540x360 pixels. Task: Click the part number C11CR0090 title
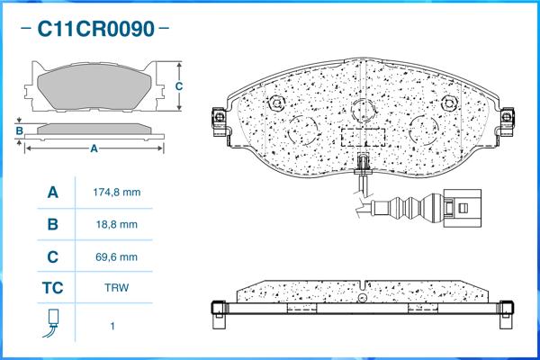pyautogui.click(x=95, y=29)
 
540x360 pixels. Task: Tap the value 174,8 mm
pyautogui.click(x=117, y=193)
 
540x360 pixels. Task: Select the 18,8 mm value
pyautogui.click(x=117, y=225)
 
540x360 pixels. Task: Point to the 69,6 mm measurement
pyautogui.click(x=116, y=257)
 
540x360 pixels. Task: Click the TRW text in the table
pyautogui.click(x=117, y=288)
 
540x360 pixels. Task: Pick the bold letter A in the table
pyautogui.click(x=53, y=193)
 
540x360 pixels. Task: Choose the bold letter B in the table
pyautogui.click(x=53, y=224)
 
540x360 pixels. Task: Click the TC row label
pyautogui.click(x=53, y=288)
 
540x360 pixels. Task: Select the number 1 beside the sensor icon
pyautogui.click(x=112, y=326)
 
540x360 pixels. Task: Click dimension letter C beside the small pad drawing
pyautogui.click(x=179, y=86)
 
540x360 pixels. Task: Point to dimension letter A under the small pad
pyautogui.click(x=94, y=148)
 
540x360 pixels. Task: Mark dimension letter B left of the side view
pyautogui.click(x=19, y=130)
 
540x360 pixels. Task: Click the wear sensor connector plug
pyautogui.click(x=462, y=208)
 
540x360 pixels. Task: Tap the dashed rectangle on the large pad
pyautogui.click(x=363, y=138)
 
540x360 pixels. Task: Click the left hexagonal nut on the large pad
pyautogui.click(x=277, y=103)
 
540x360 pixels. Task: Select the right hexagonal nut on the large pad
pyautogui.click(x=449, y=103)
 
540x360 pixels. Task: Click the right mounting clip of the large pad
pyautogui.click(x=507, y=121)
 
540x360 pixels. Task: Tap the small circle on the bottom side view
pyautogui.click(x=363, y=298)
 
